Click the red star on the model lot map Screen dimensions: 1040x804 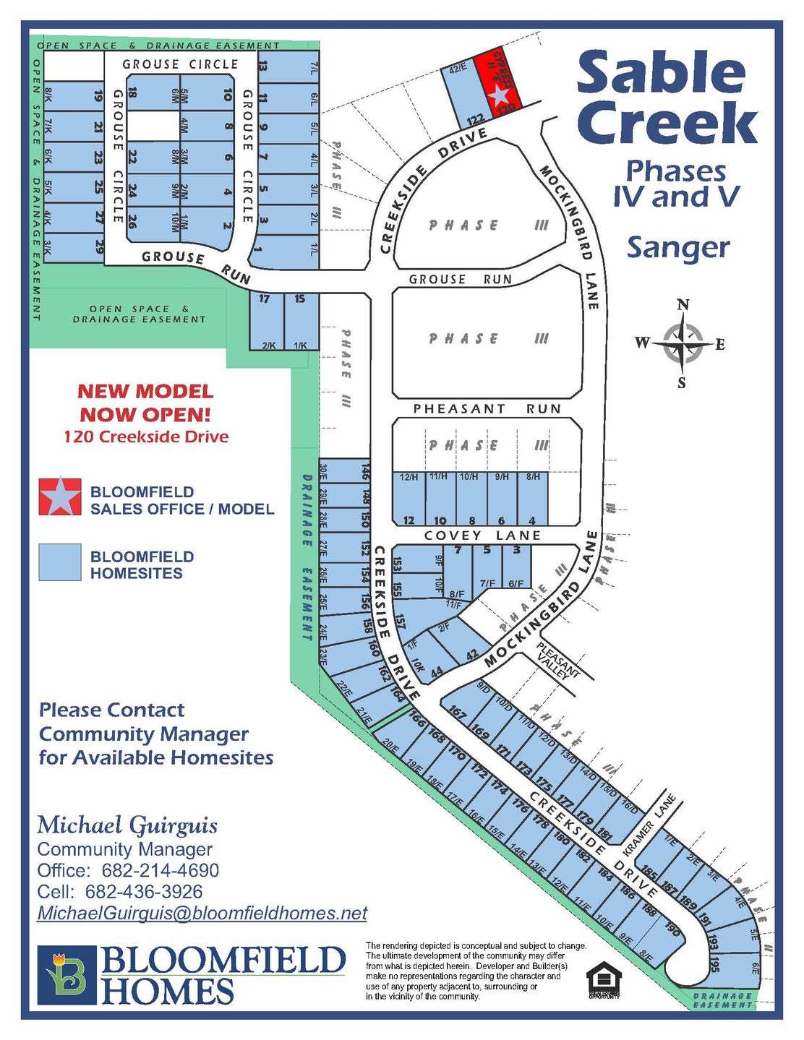point(500,95)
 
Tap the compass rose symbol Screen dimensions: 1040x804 point(682,343)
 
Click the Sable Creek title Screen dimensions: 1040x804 point(666,98)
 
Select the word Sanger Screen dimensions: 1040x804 point(678,247)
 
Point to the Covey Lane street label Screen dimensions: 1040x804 point(482,536)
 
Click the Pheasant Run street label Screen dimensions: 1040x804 point(487,409)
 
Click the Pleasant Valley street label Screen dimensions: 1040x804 point(557,660)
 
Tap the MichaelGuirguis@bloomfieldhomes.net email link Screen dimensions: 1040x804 point(202,914)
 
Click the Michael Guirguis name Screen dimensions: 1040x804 point(127,825)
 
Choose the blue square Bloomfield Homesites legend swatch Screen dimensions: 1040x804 point(60,562)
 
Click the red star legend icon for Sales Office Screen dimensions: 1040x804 point(60,496)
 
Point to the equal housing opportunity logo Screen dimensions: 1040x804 point(604,980)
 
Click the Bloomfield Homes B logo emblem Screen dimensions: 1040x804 point(67,974)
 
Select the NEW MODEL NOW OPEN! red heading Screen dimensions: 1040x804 point(145,403)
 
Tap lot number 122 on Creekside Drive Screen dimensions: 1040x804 point(474,119)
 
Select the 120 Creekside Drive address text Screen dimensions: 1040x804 point(146,437)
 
